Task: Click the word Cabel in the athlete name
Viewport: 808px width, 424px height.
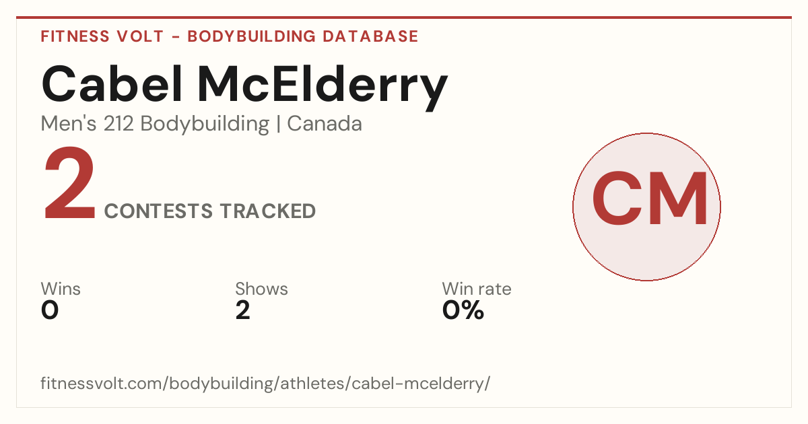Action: coord(112,84)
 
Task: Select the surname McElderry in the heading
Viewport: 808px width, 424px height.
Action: coord(323,88)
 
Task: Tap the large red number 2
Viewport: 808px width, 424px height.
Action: coord(69,182)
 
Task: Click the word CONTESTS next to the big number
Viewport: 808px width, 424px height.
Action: coord(158,211)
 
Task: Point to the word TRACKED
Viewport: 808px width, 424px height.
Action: coord(268,211)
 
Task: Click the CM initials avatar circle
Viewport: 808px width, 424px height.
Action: coord(647,207)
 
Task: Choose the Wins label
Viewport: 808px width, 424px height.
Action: coord(61,289)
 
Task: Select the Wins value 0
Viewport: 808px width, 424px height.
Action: coord(50,310)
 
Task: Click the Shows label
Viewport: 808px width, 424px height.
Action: coord(261,289)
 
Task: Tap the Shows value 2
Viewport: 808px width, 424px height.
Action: coord(243,310)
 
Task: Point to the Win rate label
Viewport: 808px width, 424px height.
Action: coord(477,289)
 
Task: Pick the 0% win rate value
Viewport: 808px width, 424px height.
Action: coord(463,310)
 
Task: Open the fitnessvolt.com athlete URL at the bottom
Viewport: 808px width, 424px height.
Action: coord(265,383)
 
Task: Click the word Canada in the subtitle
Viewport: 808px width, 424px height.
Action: coord(325,124)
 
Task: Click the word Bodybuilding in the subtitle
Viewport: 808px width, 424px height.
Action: coord(205,125)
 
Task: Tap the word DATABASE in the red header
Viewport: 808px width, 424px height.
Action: coord(370,36)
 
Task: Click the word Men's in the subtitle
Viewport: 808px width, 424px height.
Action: coord(69,124)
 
